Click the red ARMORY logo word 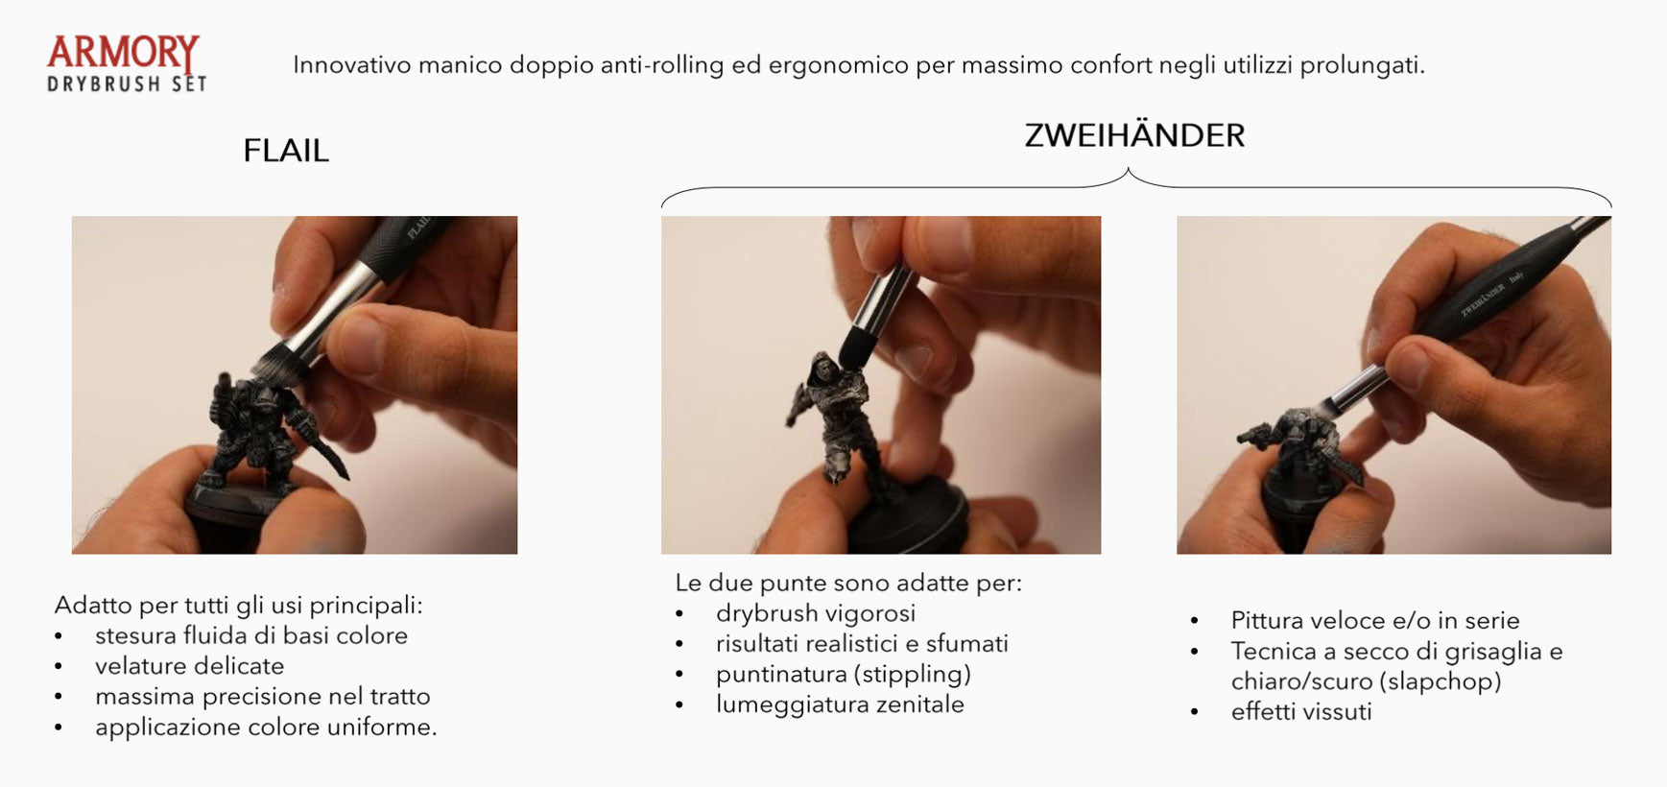click(x=123, y=54)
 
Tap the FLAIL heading click(x=286, y=151)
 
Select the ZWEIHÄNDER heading click(x=1134, y=134)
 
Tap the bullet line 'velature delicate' click(x=189, y=666)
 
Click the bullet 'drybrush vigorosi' click(x=816, y=613)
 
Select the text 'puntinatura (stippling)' click(x=844, y=675)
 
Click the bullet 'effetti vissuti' click(x=1301, y=712)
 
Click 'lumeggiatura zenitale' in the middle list click(x=840, y=704)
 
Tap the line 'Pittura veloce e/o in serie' click(x=1375, y=621)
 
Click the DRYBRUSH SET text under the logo click(x=127, y=84)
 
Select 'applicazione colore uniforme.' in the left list click(x=266, y=727)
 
